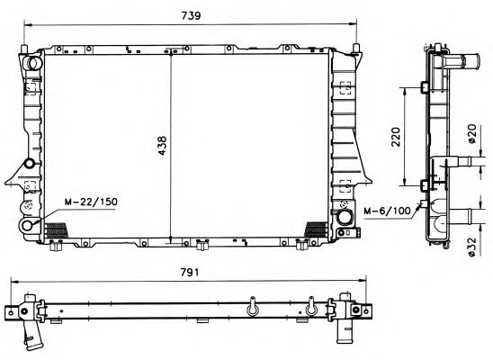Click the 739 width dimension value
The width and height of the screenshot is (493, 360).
[191, 15]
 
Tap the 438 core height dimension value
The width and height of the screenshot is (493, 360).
[162, 145]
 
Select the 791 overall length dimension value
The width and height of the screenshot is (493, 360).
[190, 272]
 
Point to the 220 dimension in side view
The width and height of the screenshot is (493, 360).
[396, 137]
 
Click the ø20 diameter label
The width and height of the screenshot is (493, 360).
[472, 134]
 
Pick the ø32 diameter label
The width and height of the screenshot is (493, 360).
[472, 247]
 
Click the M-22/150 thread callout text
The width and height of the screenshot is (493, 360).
[91, 202]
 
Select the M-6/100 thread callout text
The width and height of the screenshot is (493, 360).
[387, 211]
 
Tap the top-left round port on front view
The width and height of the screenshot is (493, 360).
[33, 63]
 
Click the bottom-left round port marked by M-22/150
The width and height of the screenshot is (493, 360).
[27, 225]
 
